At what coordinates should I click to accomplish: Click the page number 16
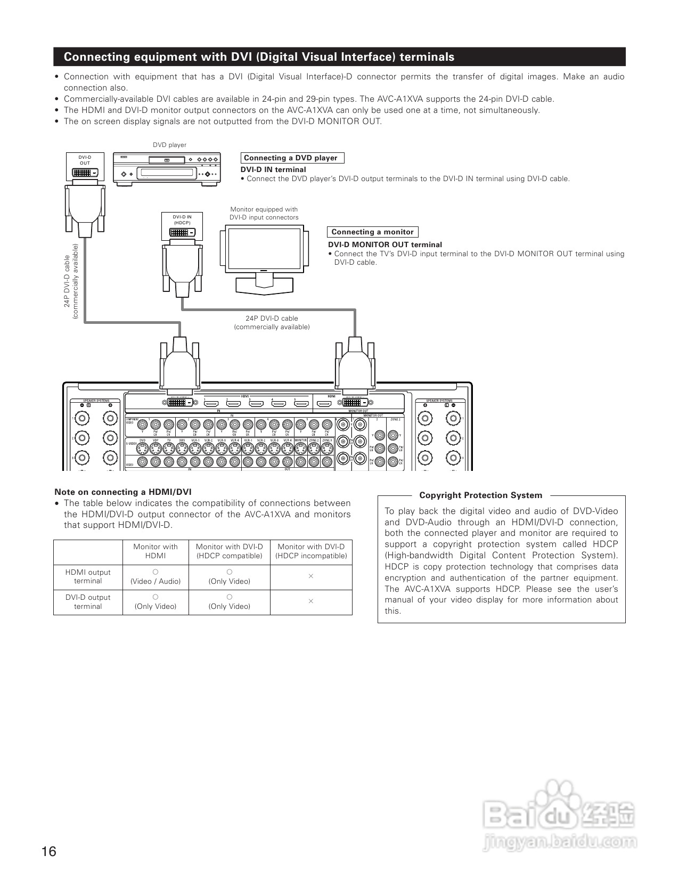coord(48,851)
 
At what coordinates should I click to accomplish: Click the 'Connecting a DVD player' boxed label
coord(291,158)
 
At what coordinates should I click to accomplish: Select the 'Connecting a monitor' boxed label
coord(372,232)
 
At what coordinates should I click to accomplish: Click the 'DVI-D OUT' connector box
coord(85,166)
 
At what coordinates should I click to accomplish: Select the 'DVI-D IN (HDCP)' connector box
coord(182,226)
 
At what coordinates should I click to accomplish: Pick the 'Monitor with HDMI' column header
coord(156,551)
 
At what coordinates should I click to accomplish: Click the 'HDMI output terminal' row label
coord(88,576)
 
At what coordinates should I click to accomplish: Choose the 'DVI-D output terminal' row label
coord(88,601)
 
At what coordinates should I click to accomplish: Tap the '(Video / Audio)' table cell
coord(156,581)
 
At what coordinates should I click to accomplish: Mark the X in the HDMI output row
coord(311,576)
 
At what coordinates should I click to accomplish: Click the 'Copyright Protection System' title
coord(480,495)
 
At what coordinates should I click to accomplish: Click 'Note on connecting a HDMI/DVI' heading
coord(123,492)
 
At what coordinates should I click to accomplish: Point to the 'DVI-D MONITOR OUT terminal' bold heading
coord(385,245)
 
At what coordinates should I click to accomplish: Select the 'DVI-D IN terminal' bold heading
coord(273,169)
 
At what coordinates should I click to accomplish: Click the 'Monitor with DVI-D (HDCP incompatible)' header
coord(311,551)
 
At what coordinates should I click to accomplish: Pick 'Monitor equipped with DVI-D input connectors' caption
coord(264,213)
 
